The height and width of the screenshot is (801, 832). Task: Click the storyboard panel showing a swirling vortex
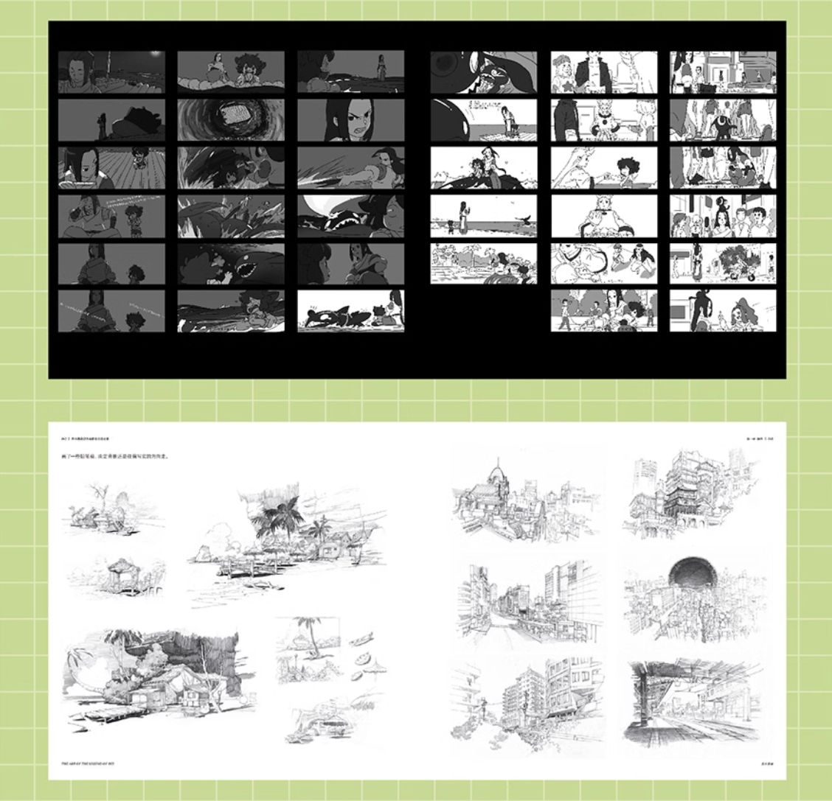[x=230, y=119]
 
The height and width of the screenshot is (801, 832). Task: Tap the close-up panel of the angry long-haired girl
[x=350, y=119]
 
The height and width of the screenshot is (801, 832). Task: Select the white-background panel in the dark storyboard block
[x=350, y=310]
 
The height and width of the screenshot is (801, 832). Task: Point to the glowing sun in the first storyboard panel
[x=154, y=55]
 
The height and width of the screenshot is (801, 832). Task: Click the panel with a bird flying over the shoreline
[x=483, y=216]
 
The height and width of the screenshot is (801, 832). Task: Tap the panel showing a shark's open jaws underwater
[x=230, y=262]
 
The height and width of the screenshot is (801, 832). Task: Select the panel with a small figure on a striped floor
[x=111, y=167]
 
